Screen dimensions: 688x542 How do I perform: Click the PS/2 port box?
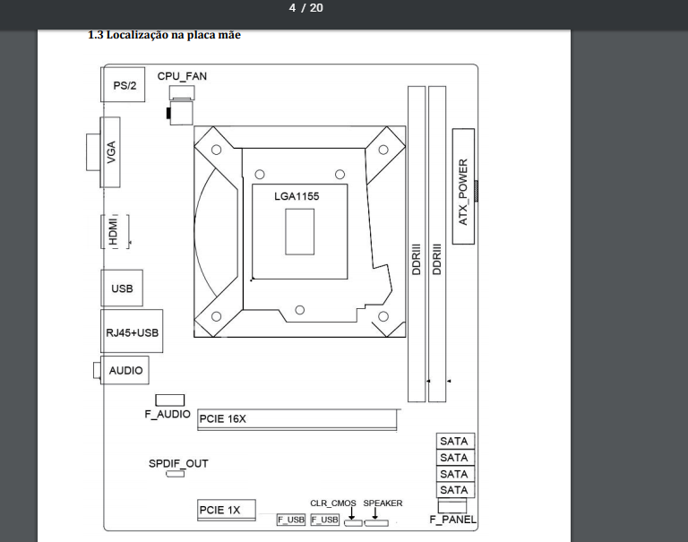pyautogui.click(x=123, y=85)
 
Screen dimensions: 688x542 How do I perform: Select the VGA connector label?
pyautogui.click(x=111, y=151)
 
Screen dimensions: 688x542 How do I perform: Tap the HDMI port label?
pyautogui.click(x=113, y=231)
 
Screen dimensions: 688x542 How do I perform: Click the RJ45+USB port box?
pyautogui.click(x=132, y=331)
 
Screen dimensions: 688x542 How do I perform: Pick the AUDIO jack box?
pyautogui.click(x=125, y=370)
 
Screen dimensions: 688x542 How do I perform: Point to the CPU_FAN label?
pyautogui.click(x=182, y=76)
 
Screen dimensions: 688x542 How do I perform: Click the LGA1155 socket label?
pyautogui.click(x=297, y=196)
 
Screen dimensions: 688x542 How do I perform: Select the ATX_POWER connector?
pyautogui.click(x=463, y=186)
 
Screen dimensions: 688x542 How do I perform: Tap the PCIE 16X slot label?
pyautogui.click(x=222, y=418)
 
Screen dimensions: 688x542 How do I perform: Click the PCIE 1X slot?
pyautogui.click(x=227, y=510)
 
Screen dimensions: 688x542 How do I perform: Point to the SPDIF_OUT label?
pyautogui.click(x=178, y=463)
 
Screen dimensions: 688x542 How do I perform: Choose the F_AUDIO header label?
pyautogui.click(x=168, y=414)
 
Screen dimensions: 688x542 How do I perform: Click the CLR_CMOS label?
pyautogui.click(x=333, y=503)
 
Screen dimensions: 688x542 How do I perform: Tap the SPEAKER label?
pyautogui.click(x=383, y=503)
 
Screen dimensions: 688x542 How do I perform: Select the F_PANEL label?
pyautogui.click(x=452, y=520)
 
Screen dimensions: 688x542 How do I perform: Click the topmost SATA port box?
pyautogui.click(x=455, y=441)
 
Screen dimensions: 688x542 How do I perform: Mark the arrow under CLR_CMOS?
pyautogui.click(x=351, y=513)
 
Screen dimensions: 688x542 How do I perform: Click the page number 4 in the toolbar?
pyautogui.click(x=292, y=8)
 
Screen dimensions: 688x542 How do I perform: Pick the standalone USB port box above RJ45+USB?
pyautogui.click(x=122, y=288)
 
